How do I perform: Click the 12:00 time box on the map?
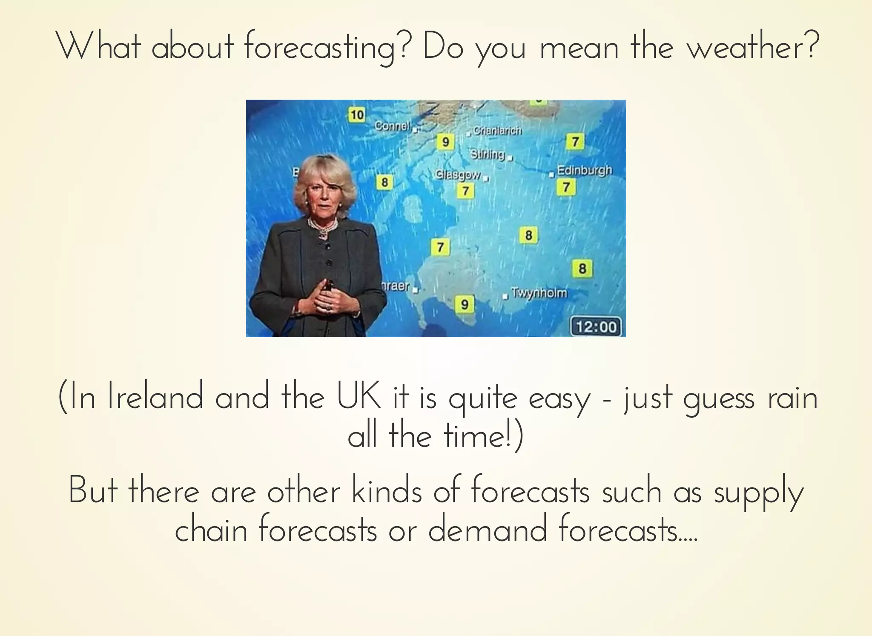[x=596, y=327]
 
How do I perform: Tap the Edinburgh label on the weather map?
[x=584, y=170]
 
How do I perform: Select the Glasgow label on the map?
[x=458, y=175]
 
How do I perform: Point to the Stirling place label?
[x=488, y=154]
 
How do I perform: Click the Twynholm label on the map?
[x=539, y=293]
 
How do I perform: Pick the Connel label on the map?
[x=392, y=126]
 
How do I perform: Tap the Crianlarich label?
[x=497, y=131]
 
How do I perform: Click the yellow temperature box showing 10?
[x=357, y=115]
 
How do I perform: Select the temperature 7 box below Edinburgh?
[x=566, y=187]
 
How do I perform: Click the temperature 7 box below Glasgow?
[x=465, y=191]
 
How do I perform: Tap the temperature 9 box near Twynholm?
[x=465, y=305]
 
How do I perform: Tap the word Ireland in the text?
[x=155, y=397]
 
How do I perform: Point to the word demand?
[x=488, y=530]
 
